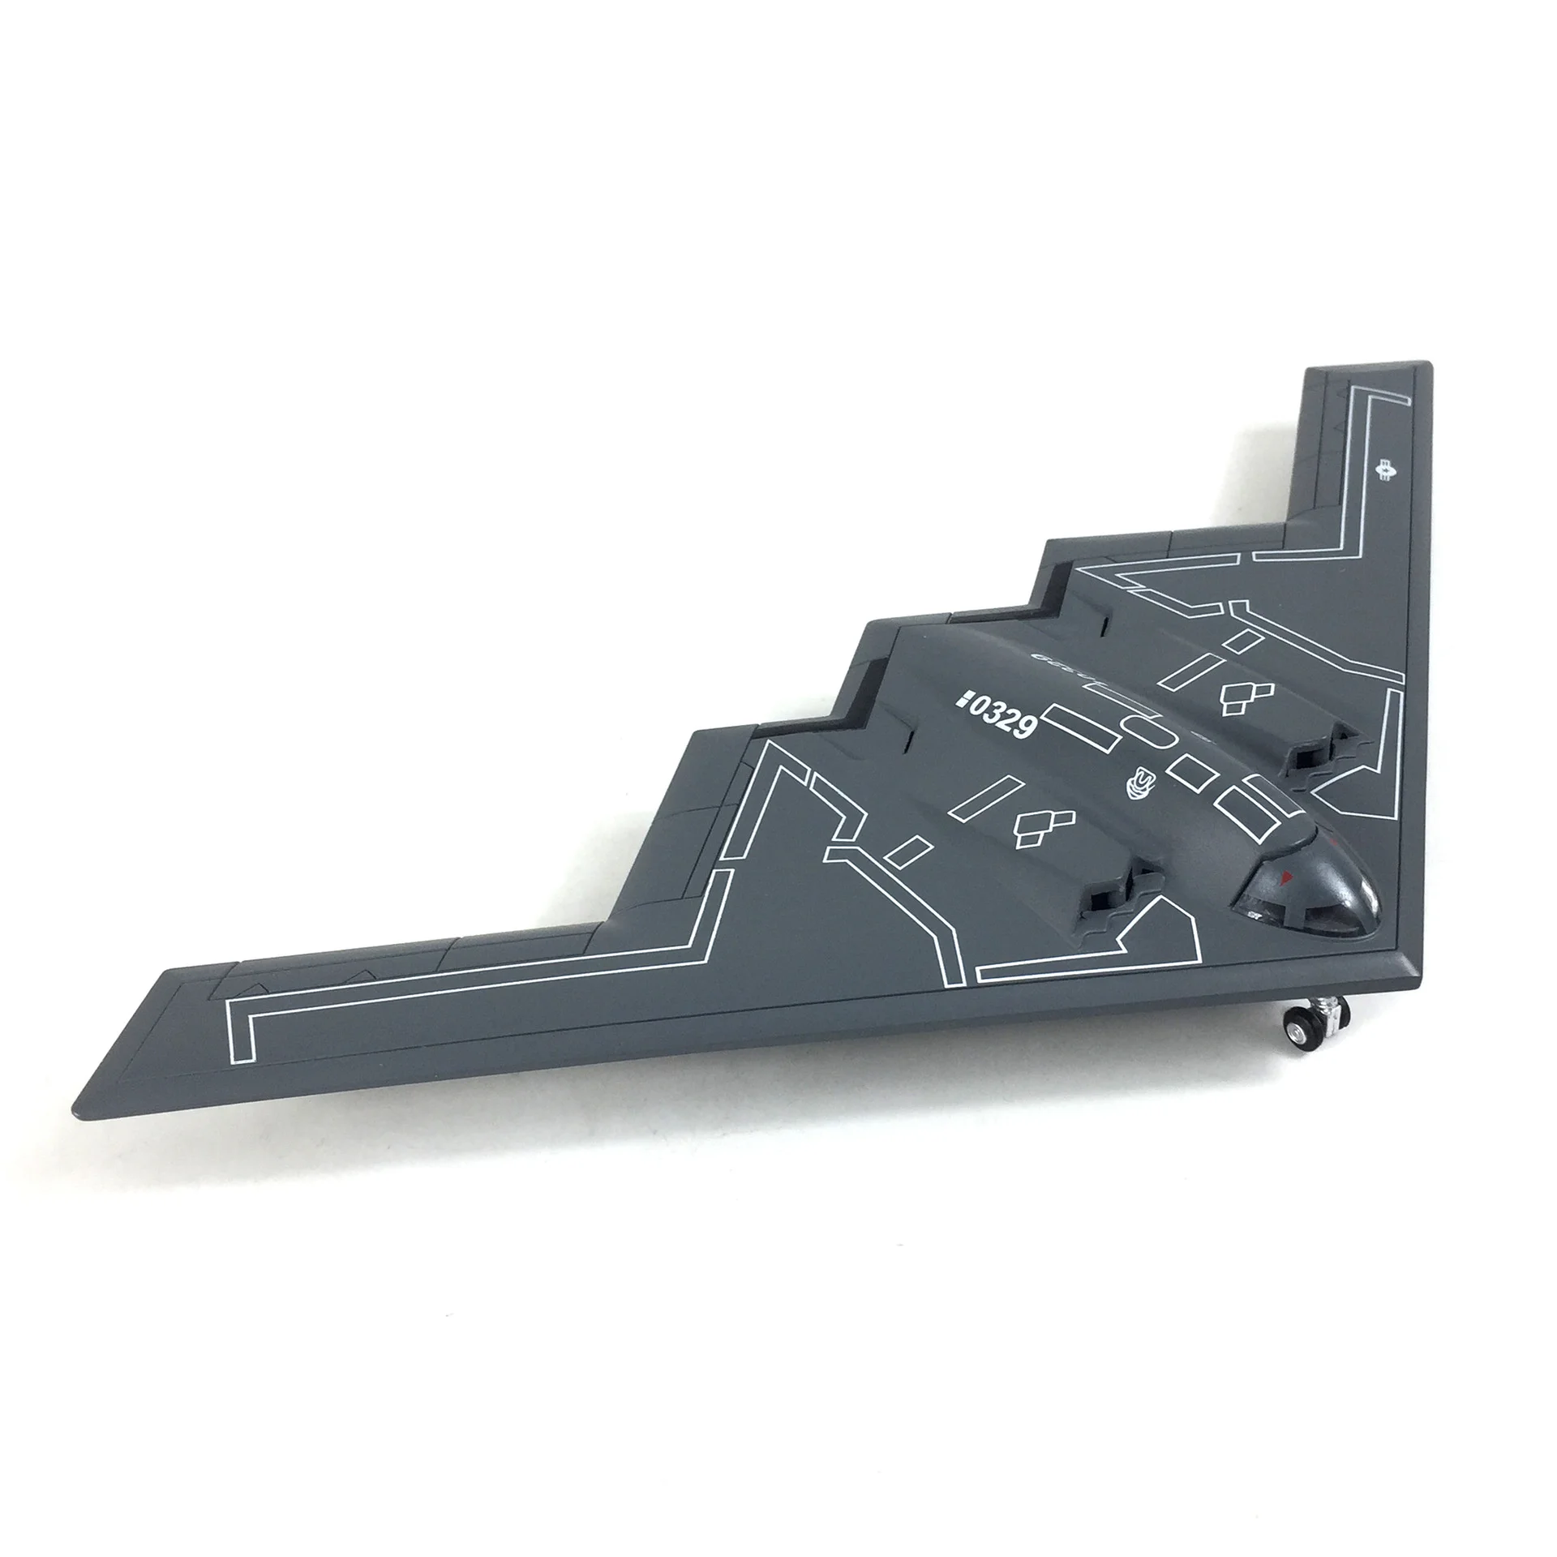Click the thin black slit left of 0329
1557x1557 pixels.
point(911,739)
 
